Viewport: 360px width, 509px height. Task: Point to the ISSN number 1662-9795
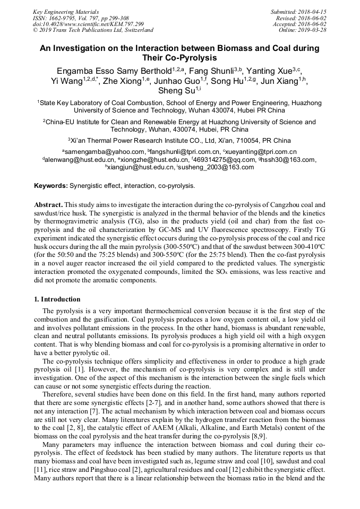66,18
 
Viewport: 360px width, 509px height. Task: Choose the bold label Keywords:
51,186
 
